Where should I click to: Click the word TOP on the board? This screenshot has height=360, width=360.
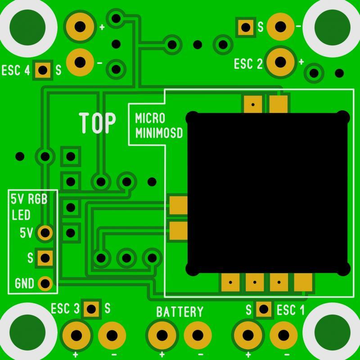click(98, 123)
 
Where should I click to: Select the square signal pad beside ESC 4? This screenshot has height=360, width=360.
click(43, 70)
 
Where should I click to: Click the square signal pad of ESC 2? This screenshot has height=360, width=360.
click(246, 27)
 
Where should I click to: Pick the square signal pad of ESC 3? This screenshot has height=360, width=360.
click(91, 309)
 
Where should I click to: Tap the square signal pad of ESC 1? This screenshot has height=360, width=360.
click(264, 309)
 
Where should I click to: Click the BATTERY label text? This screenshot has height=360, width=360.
click(180, 311)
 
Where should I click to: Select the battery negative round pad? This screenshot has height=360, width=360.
click(198, 335)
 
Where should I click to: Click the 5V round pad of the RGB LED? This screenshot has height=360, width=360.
click(45, 233)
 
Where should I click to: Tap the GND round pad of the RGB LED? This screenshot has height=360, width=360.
click(45, 283)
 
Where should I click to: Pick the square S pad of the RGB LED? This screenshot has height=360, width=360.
click(45, 258)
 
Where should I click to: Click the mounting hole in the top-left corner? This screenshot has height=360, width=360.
click(28, 26)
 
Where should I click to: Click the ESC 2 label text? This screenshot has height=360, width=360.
click(248, 64)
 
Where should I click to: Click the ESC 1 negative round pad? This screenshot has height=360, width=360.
click(283, 335)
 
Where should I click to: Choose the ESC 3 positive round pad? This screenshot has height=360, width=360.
click(76, 335)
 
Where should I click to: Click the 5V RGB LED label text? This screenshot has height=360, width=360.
click(28, 207)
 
